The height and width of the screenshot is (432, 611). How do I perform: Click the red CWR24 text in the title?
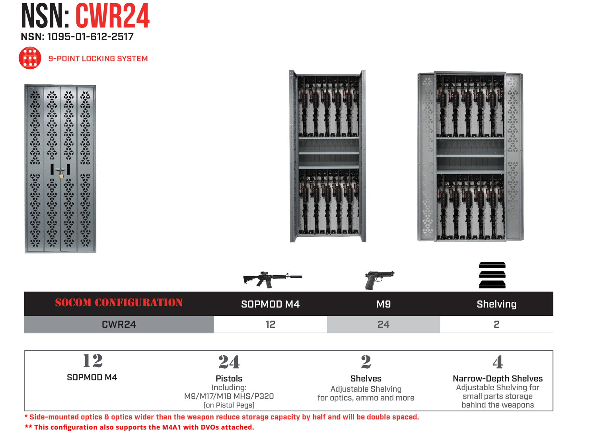pos(113,16)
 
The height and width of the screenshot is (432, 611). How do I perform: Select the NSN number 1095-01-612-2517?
pos(77,37)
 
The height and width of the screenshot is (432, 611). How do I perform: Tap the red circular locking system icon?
pos(30,58)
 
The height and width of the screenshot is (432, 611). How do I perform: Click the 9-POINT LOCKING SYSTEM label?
pos(98,58)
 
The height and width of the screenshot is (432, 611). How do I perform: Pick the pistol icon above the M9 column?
pos(379,279)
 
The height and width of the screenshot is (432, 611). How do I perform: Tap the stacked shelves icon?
pos(492,275)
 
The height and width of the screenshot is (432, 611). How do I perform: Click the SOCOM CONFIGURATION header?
pos(119,303)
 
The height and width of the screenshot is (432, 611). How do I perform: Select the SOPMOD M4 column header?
pos(270,304)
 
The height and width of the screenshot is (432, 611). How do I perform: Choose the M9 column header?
pos(383,304)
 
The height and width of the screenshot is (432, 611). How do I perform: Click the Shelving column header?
pos(496,304)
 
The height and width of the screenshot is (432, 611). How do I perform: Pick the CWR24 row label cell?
pos(119,325)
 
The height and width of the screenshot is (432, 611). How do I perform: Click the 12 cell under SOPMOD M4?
pos(270,325)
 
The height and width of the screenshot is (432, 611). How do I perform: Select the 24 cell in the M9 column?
pos(383,325)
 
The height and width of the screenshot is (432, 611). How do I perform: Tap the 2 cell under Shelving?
pos(496,325)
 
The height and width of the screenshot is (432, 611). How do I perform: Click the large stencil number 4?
pos(497,362)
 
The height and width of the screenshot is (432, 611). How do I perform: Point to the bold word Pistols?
pos(229,378)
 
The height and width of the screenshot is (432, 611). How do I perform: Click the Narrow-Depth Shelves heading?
pos(497,378)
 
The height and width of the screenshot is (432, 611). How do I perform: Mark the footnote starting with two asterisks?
pos(139,427)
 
